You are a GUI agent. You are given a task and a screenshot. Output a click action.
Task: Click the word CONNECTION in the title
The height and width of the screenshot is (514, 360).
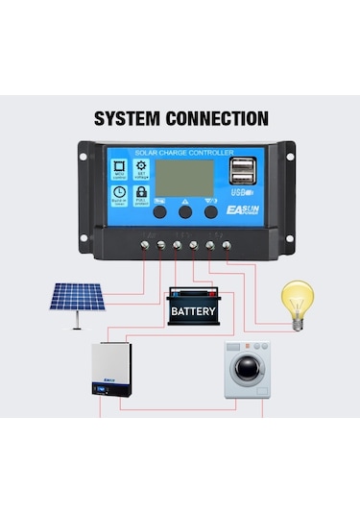coord(219,120)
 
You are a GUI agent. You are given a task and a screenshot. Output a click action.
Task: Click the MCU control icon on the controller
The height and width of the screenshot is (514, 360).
coord(120,169)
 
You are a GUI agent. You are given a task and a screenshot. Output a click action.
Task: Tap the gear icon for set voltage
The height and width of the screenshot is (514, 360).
coord(142,169)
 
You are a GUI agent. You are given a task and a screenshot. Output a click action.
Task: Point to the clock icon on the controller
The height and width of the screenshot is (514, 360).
coord(120,194)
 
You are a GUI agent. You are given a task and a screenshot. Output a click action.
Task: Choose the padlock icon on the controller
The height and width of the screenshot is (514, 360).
coord(142,194)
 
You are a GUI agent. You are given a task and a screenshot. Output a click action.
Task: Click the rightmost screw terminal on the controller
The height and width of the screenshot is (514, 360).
coord(227,246)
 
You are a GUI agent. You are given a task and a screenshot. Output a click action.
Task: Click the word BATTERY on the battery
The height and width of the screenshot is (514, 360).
coord(193,311)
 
